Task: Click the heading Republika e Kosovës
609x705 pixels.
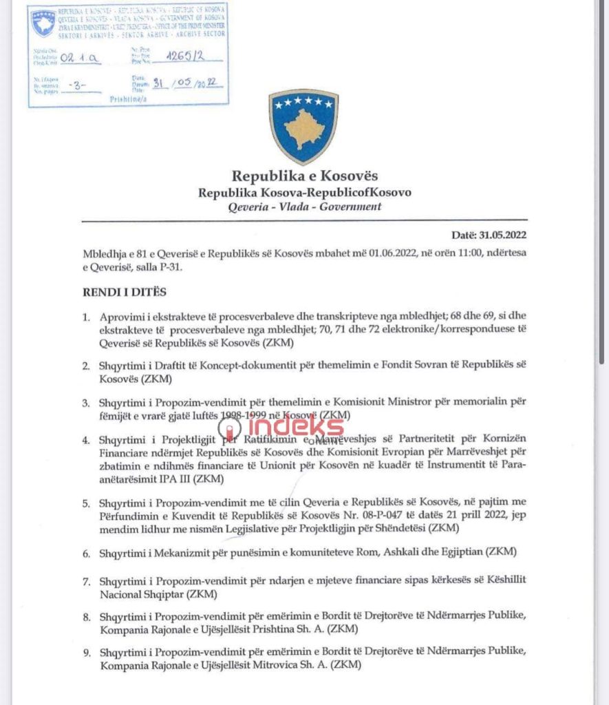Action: [304, 176]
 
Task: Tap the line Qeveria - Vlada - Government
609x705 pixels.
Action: [304, 207]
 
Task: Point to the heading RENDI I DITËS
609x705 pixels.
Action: [124, 292]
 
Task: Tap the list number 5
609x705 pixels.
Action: [86, 503]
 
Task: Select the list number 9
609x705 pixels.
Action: [86, 652]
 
